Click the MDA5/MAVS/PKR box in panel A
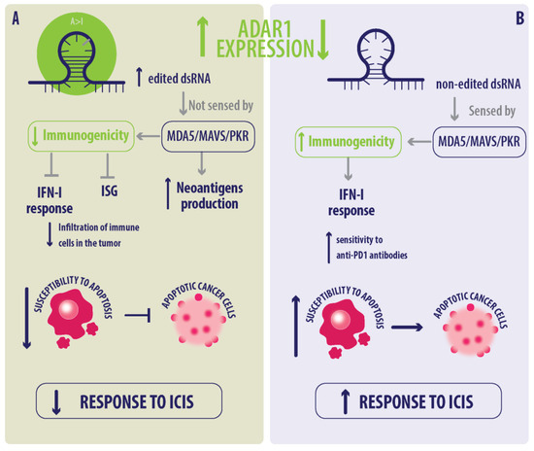coord(201,141)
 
